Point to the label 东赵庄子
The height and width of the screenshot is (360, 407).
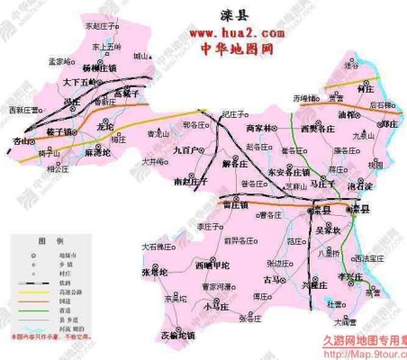(103, 26)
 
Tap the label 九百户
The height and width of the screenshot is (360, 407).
(188, 149)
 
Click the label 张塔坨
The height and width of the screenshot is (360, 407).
(155, 271)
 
